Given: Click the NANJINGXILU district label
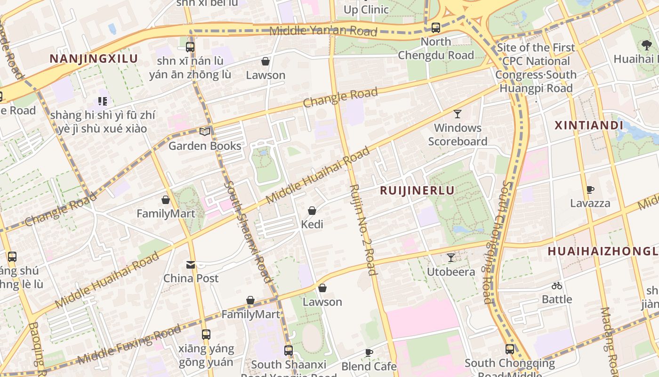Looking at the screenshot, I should [x=94, y=59].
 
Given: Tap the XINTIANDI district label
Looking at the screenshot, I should [x=589, y=125].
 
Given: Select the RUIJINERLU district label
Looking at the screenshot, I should [x=417, y=190].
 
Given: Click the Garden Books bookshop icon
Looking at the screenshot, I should [x=205, y=131].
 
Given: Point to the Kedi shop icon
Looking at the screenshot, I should [x=312, y=211].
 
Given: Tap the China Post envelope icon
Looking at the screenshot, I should [x=191, y=265].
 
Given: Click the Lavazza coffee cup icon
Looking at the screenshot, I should [x=590, y=190].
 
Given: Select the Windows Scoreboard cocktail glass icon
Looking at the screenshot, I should [x=457, y=114].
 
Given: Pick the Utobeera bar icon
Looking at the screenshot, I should [x=450, y=258].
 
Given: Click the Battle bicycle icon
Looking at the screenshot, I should [x=557, y=286].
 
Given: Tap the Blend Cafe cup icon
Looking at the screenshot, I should [x=369, y=352].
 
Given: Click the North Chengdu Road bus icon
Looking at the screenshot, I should [x=436, y=28].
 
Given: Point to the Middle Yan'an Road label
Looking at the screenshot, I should [x=323, y=31].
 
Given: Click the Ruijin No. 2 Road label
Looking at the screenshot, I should [x=363, y=229].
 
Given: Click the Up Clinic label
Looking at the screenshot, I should [x=366, y=9].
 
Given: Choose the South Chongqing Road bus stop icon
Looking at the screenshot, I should [x=510, y=349].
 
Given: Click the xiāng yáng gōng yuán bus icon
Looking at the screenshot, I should [x=206, y=335].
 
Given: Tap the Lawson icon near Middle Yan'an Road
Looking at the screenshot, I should [x=265, y=61].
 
